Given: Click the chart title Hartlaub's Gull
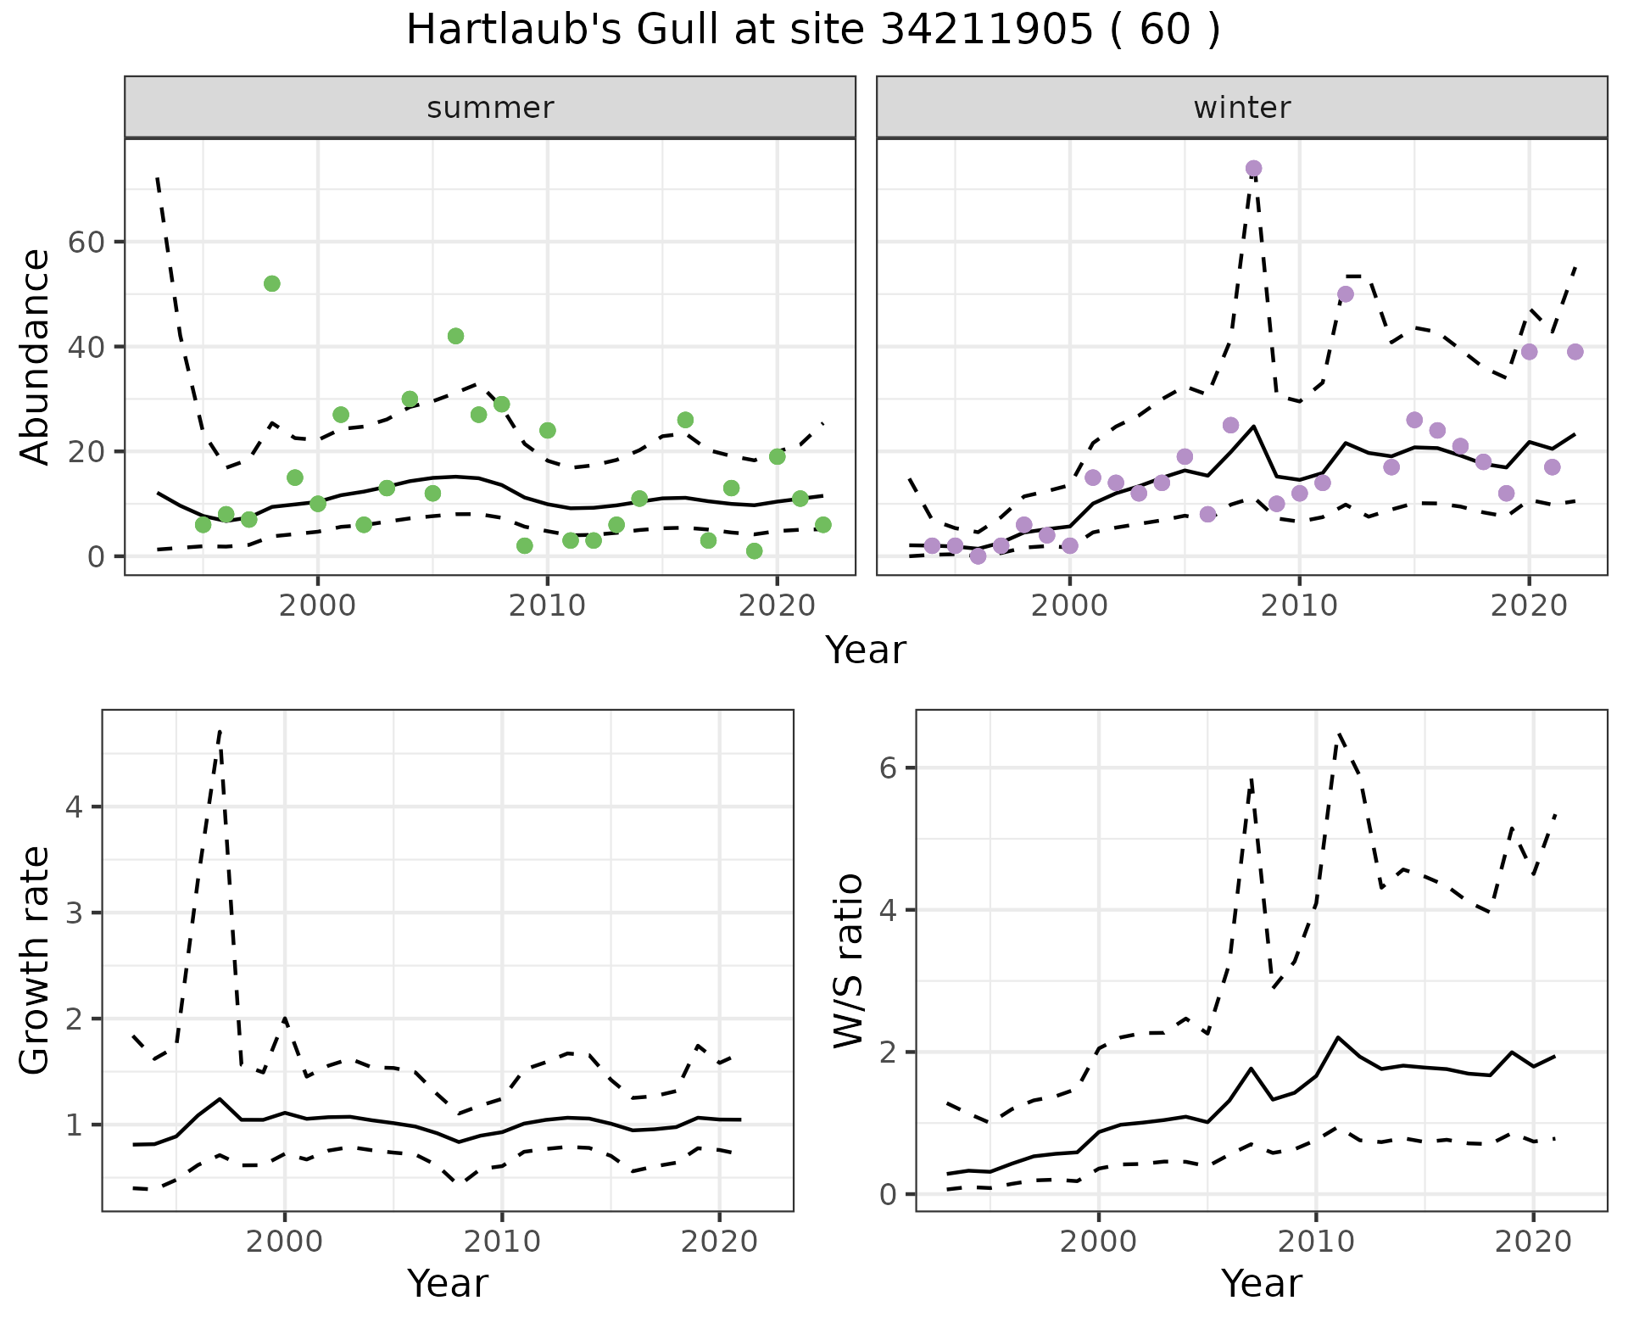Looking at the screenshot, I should (x=812, y=31).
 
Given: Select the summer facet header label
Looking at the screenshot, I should (x=490, y=108).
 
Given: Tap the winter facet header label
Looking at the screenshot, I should (x=1241, y=108).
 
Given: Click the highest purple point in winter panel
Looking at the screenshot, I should (x=1253, y=169).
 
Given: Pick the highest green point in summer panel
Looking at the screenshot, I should (x=272, y=283).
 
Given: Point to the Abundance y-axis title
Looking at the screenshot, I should (x=36, y=356).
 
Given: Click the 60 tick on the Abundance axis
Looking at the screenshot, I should (x=85, y=243).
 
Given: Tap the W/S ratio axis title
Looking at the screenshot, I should (x=848, y=960).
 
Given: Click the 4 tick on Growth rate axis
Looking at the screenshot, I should (x=75, y=807).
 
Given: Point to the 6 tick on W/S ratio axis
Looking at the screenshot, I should (x=888, y=768).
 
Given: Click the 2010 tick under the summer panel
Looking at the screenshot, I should (x=547, y=606).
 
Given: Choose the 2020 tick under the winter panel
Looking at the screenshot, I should (x=1529, y=606).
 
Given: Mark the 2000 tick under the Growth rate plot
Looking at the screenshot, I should (x=285, y=1242).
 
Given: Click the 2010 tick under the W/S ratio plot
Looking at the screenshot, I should (x=1316, y=1242).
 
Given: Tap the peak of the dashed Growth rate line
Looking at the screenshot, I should (x=220, y=730).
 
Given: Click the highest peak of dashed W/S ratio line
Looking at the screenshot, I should (x=1339, y=734).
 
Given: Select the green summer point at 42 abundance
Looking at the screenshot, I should (x=455, y=336).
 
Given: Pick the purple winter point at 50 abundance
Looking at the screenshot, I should (x=1346, y=294).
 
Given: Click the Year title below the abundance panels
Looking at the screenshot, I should (x=865, y=650).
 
